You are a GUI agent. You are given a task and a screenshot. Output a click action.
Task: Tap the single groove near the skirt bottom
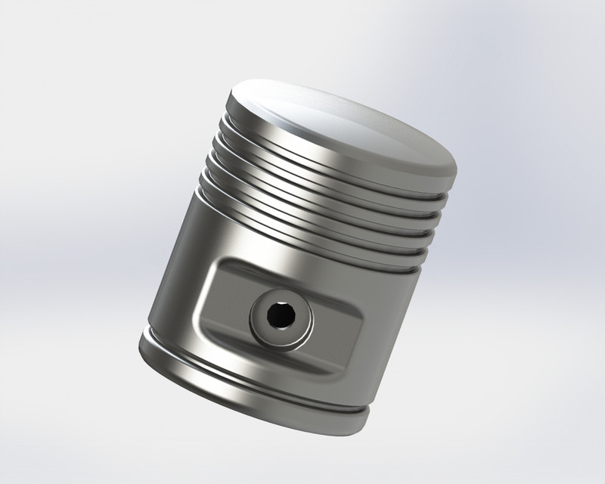[x=250, y=382]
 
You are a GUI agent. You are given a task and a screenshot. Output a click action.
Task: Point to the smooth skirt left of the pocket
[x=178, y=287]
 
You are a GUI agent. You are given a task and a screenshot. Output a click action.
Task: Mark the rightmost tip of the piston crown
[x=457, y=168]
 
